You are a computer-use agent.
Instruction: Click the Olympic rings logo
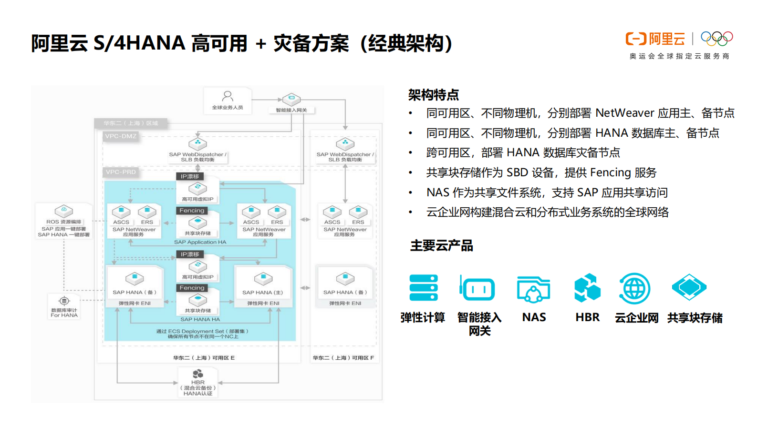click(716, 39)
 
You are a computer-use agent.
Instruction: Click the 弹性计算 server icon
click(424, 288)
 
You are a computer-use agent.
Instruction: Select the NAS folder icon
click(533, 289)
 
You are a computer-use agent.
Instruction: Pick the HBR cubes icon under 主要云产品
click(587, 288)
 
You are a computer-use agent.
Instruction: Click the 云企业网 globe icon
click(634, 288)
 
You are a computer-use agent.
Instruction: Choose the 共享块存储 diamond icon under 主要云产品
click(689, 287)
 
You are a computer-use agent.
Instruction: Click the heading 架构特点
click(433, 95)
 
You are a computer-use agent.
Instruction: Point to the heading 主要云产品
click(442, 246)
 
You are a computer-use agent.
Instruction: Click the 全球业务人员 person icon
click(228, 96)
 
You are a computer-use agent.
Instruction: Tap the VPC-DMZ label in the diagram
click(121, 136)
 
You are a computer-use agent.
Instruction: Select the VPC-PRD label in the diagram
click(121, 172)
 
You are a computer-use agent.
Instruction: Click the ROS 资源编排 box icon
click(64, 211)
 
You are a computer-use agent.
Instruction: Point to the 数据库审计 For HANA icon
click(64, 301)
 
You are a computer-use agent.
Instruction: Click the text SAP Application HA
click(200, 242)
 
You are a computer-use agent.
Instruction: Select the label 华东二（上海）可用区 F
click(343, 358)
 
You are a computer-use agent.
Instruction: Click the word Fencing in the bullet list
click(610, 172)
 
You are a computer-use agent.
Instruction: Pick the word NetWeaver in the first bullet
click(625, 113)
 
